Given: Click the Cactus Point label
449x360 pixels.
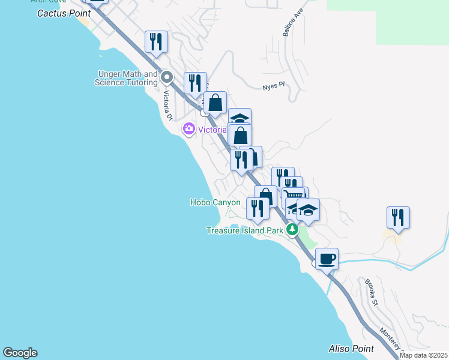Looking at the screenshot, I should (x=64, y=13).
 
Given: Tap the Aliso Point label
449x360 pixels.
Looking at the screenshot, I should (x=351, y=349).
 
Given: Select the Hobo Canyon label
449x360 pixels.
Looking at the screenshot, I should (x=215, y=203).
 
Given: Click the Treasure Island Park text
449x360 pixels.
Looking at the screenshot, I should (x=245, y=230).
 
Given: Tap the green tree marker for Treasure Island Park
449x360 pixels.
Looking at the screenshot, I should (x=292, y=229).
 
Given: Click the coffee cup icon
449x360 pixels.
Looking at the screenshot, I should (x=327, y=259).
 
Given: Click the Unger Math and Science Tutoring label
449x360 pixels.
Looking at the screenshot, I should (x=126, y=78).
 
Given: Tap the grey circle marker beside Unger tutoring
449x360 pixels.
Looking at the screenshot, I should (x=167, y=77).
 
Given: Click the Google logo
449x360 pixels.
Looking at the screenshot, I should (x=20, y=353).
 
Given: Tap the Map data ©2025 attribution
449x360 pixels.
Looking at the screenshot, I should (x=424, y=355).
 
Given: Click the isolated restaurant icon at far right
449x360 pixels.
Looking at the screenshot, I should (x=398, y=217).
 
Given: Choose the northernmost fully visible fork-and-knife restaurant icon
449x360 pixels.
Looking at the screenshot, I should (x=156, y=41).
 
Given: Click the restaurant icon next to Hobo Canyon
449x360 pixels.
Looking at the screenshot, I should (x=258, y=208).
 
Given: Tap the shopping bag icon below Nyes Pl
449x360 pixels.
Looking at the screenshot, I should (x=215, y=103).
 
